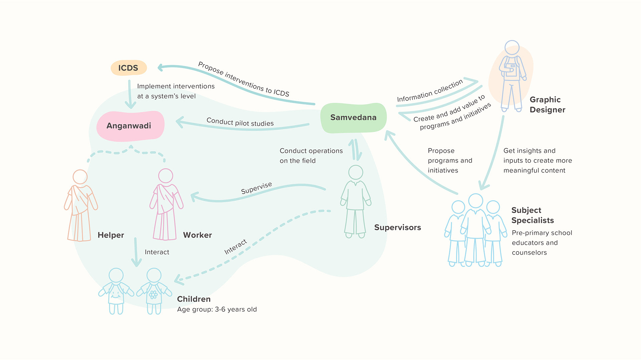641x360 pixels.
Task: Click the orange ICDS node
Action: coord(129,68)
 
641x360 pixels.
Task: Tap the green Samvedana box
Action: coord(353,118)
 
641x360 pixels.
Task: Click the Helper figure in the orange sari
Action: coord(80,207)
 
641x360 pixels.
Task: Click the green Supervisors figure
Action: coord(356,202)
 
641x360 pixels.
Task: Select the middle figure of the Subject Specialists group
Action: coord(475,230)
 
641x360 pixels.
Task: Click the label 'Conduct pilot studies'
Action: coord(240,122)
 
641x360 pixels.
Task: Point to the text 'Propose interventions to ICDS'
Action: coord(243,79)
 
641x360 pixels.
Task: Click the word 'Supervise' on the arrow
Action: coord(256,188)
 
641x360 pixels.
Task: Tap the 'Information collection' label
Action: coord(430,91)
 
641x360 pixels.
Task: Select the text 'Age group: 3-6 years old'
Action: coord(217,310)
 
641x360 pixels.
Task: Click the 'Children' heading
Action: coord(194,299)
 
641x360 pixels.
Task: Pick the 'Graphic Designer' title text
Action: coord(547,105)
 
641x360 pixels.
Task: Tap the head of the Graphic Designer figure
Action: coord(511,47)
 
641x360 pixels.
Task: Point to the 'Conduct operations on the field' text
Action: coord(311,156)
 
